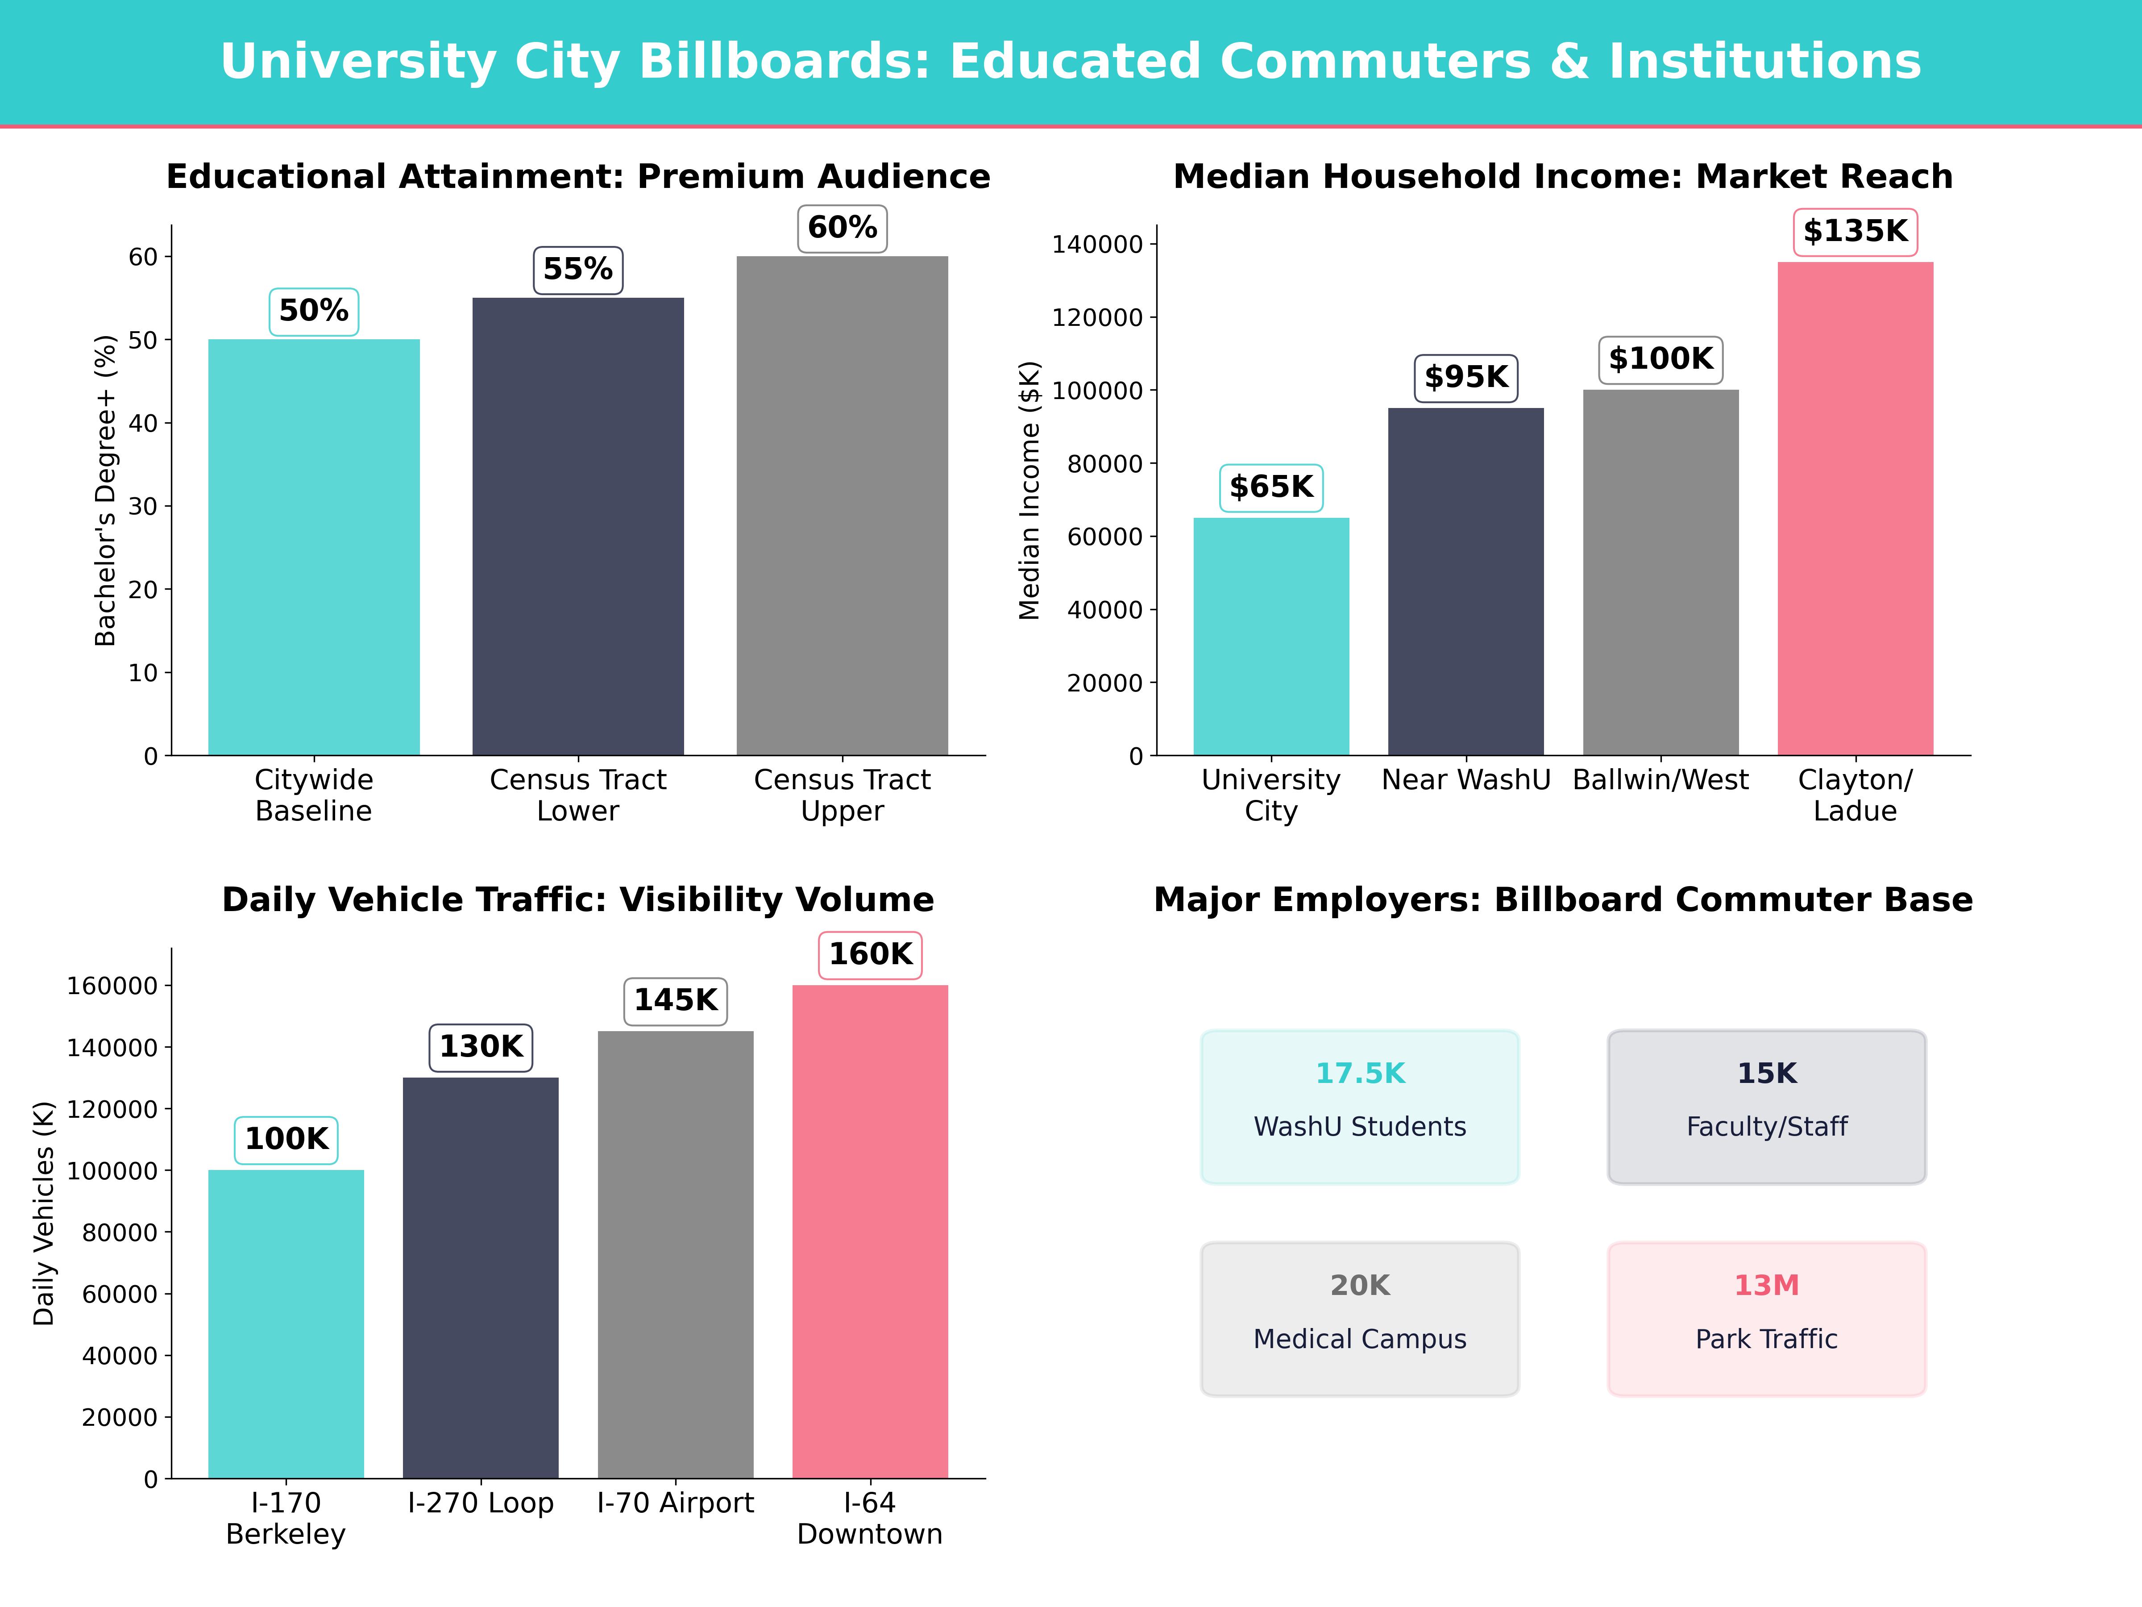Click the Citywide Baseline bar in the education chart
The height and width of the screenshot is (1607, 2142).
click(x=314, y=547)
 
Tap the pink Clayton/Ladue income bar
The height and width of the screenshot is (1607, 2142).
click(x=1855, y=508)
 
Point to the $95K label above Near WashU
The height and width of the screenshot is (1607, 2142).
click(x=1465, y=377)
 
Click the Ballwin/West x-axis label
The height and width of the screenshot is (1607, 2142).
click(x=1660, y=780)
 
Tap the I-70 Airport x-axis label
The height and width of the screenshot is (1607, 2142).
click(x=675, y=1503)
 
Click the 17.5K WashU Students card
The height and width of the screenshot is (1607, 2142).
click(x=1360, y=1106)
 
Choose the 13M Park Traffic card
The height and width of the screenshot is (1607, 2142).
click(x=1766, y=1318)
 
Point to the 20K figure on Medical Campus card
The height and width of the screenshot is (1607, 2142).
click(x=1360, y=1286)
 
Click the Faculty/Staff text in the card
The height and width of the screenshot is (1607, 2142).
click(x=1766, y=1127)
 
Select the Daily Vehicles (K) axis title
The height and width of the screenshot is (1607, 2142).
click(x=44, y=1213)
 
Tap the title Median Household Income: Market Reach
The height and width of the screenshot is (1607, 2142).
click(x=1562, y=176)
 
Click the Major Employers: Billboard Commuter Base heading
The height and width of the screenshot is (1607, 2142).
click(x=1562, y=900)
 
